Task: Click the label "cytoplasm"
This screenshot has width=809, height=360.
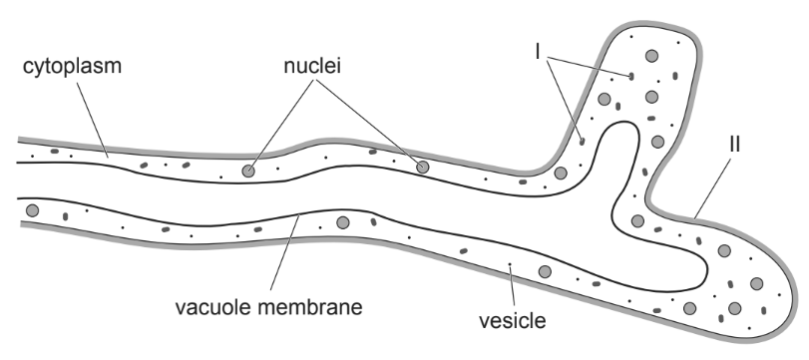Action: [x=72, y=67]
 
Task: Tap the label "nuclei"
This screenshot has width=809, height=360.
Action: [x=312, y=66]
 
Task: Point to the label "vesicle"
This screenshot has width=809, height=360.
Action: [x=512, y=321]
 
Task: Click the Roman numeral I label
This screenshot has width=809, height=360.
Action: [x=538, y=52]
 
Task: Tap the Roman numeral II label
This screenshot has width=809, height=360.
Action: [x=734, y=145]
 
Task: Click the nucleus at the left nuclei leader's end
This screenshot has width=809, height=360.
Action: [x=248, y=171]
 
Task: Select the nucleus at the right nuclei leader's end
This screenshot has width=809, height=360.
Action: [x=423, y=167]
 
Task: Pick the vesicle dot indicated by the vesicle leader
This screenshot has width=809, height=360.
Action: [x=510, y=264]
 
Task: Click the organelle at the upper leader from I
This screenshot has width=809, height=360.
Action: [x=631, y=77]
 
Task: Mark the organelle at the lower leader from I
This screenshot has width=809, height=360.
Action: [x=582, y=141]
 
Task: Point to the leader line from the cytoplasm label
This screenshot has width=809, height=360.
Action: [x=93, y=118]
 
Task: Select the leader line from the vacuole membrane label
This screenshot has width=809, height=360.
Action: [x=285, y=252]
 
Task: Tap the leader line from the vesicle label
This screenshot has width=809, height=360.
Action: [x=513, y=288]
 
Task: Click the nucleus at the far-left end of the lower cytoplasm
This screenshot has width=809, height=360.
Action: [x=33, y=210]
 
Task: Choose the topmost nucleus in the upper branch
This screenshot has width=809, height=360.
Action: [x=652, y=56]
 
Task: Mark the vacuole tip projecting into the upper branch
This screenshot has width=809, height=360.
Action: [x=624, y=123]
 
